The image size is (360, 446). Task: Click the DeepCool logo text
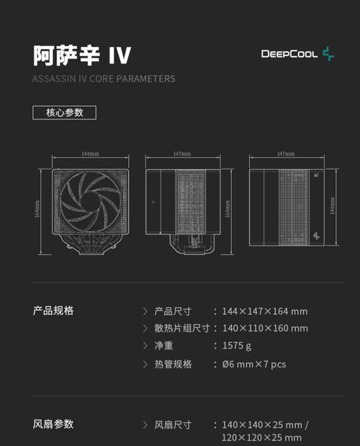coord(289,54)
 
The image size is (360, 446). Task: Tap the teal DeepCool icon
coord(328,54)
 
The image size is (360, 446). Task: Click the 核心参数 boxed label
coord(65,112)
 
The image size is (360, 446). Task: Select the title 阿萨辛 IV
coord(82,55)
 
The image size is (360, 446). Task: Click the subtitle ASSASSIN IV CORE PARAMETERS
coord(104,79)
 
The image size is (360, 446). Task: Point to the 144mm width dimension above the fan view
coord(90,154)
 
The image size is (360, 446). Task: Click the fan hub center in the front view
coord(90,202)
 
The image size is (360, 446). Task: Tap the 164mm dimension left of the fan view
coord(37,209)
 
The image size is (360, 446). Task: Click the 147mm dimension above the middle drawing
coord(182,154)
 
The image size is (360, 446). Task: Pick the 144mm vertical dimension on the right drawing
coord(332,205)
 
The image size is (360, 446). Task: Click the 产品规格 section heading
coord(53,311)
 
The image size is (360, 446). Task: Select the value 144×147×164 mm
coord(265,311)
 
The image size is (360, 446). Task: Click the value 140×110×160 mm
coord(265,329)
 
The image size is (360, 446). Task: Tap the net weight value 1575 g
coord(237,346)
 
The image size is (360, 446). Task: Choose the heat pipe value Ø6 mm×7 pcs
coord(254,364)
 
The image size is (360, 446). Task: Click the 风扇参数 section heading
coord(53,424)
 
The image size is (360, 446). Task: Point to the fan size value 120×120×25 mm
coord(261,437)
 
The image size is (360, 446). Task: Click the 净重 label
coord(163,346)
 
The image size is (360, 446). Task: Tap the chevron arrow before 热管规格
coord(145,364)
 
